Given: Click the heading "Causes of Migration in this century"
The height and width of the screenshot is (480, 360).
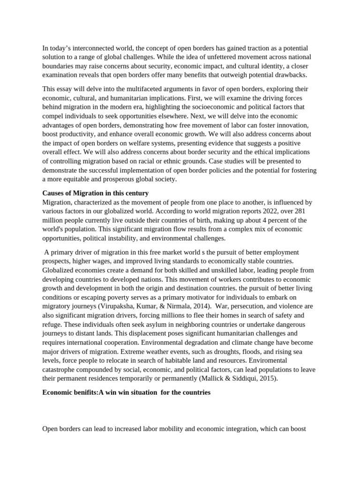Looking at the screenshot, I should click(95, 193).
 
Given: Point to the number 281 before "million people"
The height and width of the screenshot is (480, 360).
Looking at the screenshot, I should click(300, 211).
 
